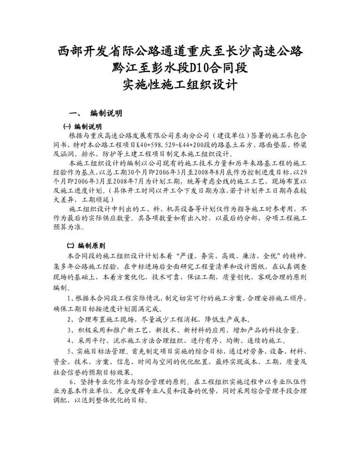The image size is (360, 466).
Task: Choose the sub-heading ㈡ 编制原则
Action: click(x=85, y=245)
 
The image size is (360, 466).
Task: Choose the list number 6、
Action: click(x=73, y=382)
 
